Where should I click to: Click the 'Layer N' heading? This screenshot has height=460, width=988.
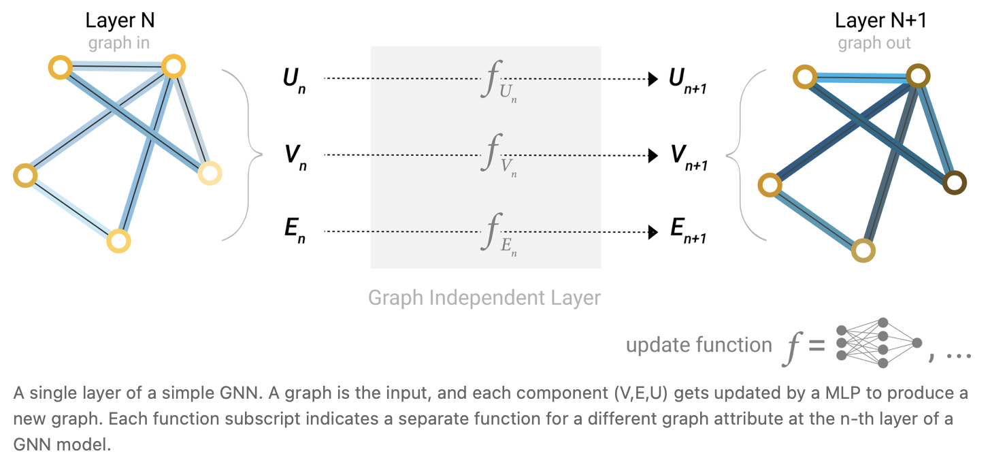[x=120, y=20]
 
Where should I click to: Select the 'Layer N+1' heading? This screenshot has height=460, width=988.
[x=880, y=20]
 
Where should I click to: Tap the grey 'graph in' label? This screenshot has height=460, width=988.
[x=119, y=44]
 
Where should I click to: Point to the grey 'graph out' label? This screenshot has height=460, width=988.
[x=874, y=44]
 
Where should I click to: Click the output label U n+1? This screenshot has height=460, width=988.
[x=688, y=80]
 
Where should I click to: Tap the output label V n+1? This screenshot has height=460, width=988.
[x=688, y=157]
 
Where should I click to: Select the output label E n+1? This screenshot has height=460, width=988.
[x=688, y=233]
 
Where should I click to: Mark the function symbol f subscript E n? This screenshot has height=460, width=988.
[x=497, y=234]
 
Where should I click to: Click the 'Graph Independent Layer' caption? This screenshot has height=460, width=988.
[x=484, y=298]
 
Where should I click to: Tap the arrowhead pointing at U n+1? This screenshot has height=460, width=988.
[x=653, y=79]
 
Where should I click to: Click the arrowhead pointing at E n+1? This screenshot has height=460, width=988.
[x=653, y=232]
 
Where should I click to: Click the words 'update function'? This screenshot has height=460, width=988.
[x=699, y=345]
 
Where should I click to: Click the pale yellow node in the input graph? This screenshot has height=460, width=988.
[x=210, y=174]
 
